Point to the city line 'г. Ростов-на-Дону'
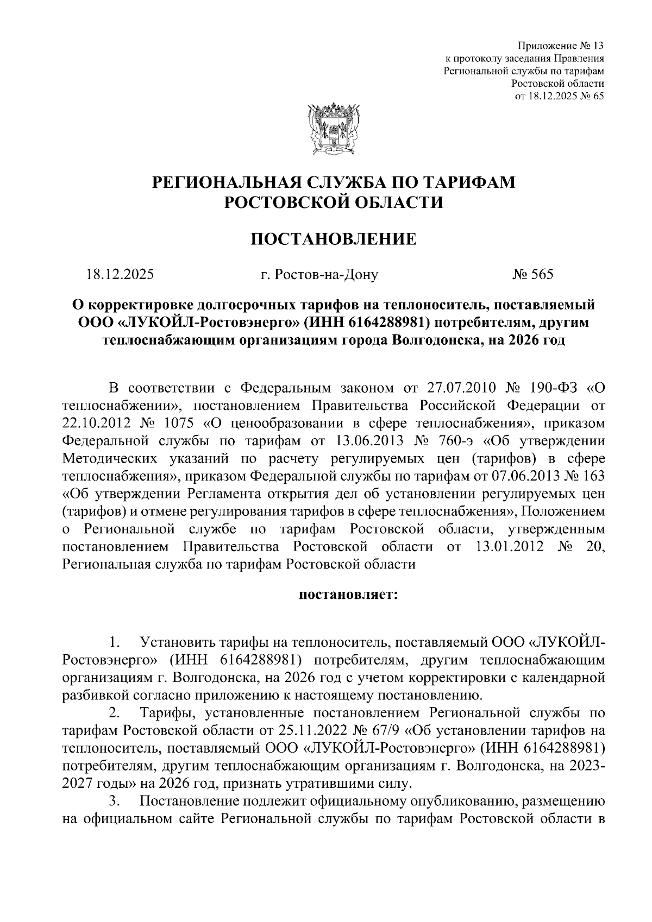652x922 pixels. coord(319,274)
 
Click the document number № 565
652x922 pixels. coord(532,274)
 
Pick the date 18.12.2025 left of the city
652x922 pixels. coord(120,274)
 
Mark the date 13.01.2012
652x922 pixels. coord(509,546)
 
